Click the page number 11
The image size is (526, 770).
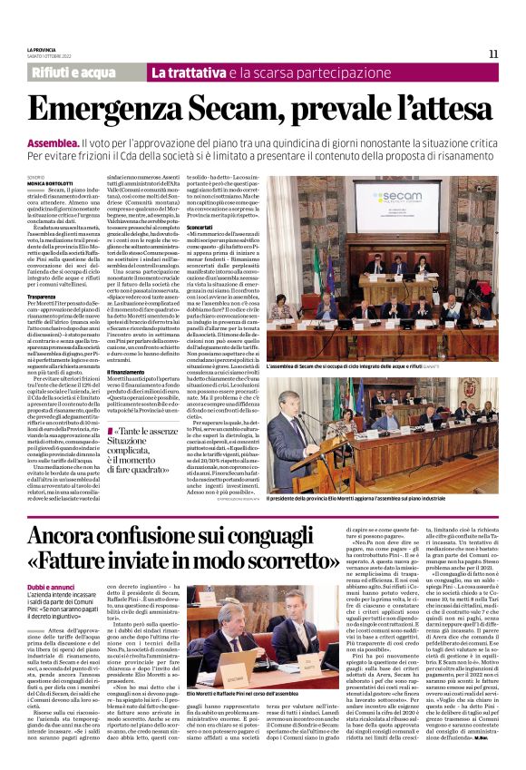[x=494, y=53]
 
